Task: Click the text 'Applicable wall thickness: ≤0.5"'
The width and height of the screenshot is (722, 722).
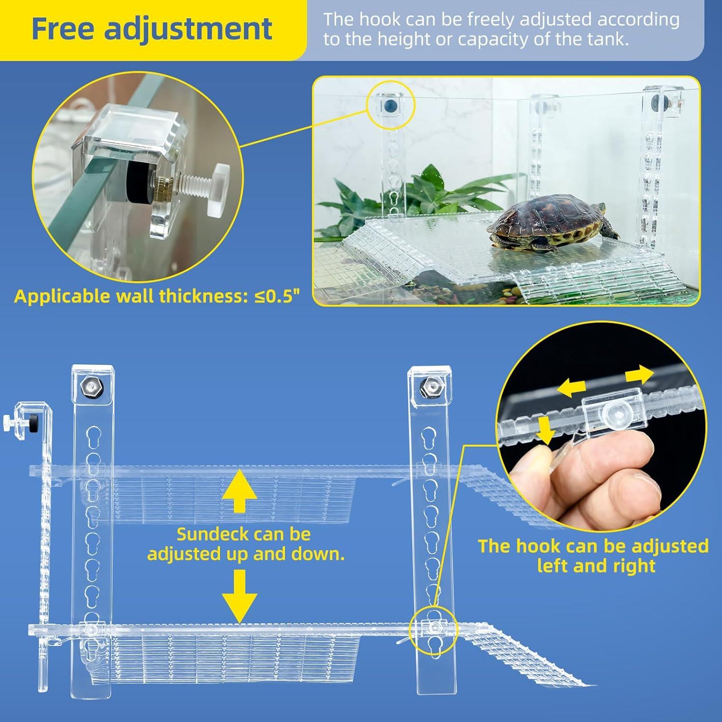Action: [157, 296]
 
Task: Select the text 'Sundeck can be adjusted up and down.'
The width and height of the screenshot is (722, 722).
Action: [245, 544]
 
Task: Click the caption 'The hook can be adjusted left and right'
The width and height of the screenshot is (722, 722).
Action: [593, 556]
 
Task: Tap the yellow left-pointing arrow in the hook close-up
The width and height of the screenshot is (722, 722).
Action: [572, 387]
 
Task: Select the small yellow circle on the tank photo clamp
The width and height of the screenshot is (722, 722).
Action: [390, 105]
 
